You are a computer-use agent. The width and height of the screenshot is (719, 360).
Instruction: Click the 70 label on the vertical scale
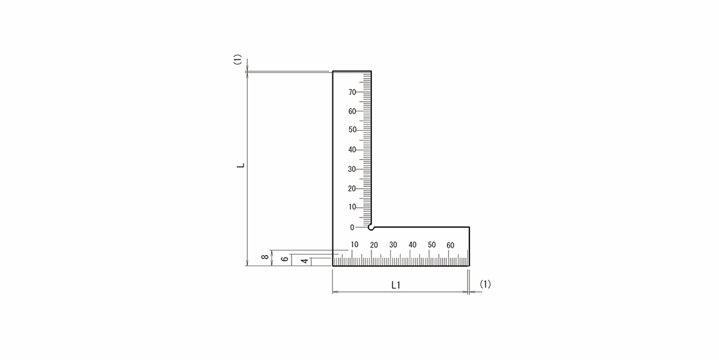pos(352,92)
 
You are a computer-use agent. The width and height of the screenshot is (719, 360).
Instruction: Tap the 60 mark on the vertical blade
pos(352,111)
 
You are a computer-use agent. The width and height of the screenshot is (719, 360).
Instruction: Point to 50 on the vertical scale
pos(352,130)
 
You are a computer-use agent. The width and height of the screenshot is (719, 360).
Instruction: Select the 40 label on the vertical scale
pos(352,150)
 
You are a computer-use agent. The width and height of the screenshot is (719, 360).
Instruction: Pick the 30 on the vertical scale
pos(352,169)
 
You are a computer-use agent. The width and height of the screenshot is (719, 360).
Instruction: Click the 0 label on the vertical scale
pos(352,227)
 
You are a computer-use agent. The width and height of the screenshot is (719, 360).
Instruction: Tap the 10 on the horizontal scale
pos(354,245)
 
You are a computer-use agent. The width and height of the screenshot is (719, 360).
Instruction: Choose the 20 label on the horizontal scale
pos(374,245)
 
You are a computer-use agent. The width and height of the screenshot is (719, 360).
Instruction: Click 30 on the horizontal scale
pos(393,245)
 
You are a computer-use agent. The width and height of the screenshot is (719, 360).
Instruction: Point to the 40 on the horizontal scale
pos(413,245)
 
